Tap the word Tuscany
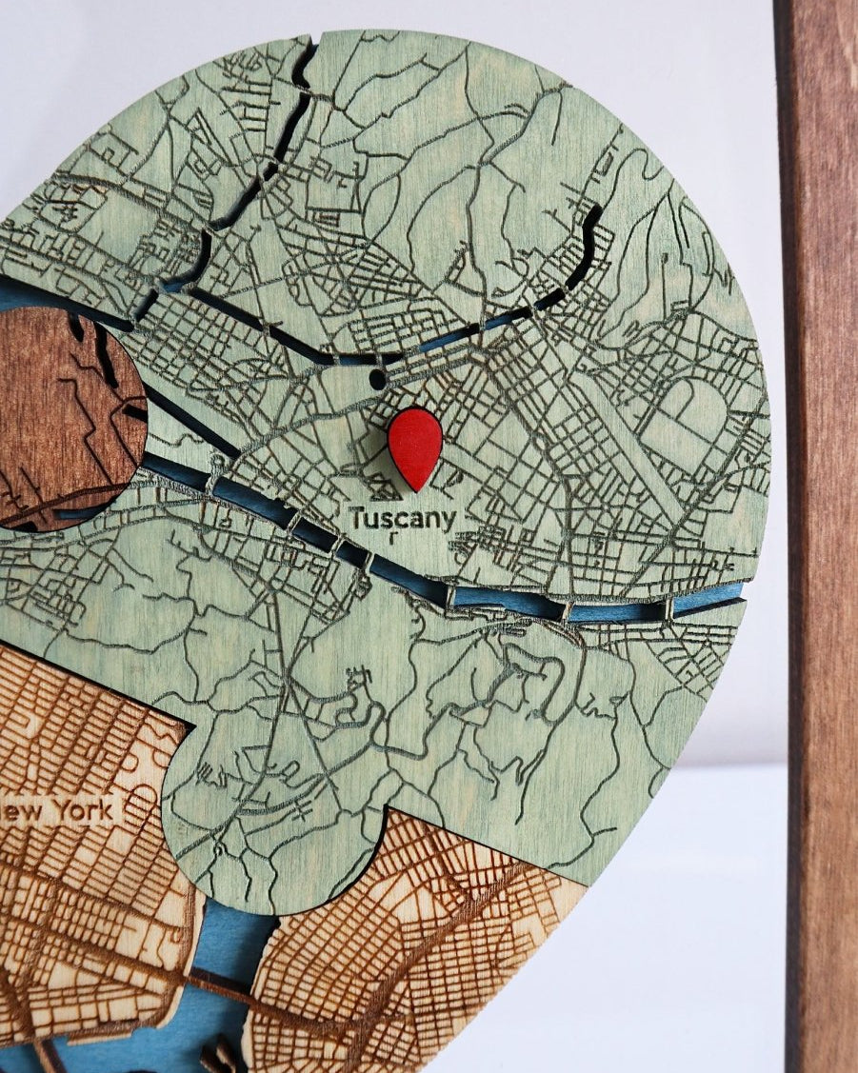pos(403,519)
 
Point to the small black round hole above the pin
pos(377,379)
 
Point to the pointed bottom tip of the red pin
pos(416,487)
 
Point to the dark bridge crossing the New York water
pos(215,981)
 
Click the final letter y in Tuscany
pos(448,522)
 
